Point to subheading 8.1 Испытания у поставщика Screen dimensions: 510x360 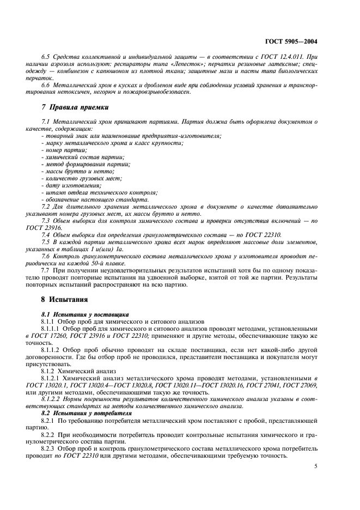[x=85, y=314]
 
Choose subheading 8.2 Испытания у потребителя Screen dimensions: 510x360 [x=87, y=413]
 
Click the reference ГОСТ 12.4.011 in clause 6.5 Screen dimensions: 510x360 [x=283, y=56]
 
